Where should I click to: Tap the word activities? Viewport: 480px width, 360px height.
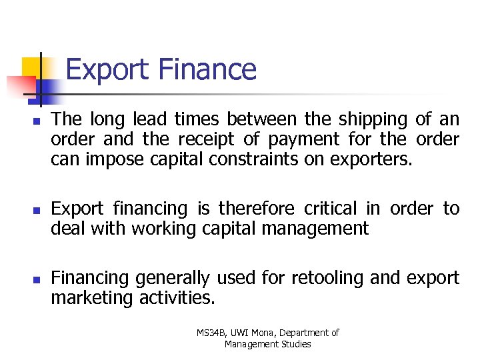[x=177, y=297]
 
